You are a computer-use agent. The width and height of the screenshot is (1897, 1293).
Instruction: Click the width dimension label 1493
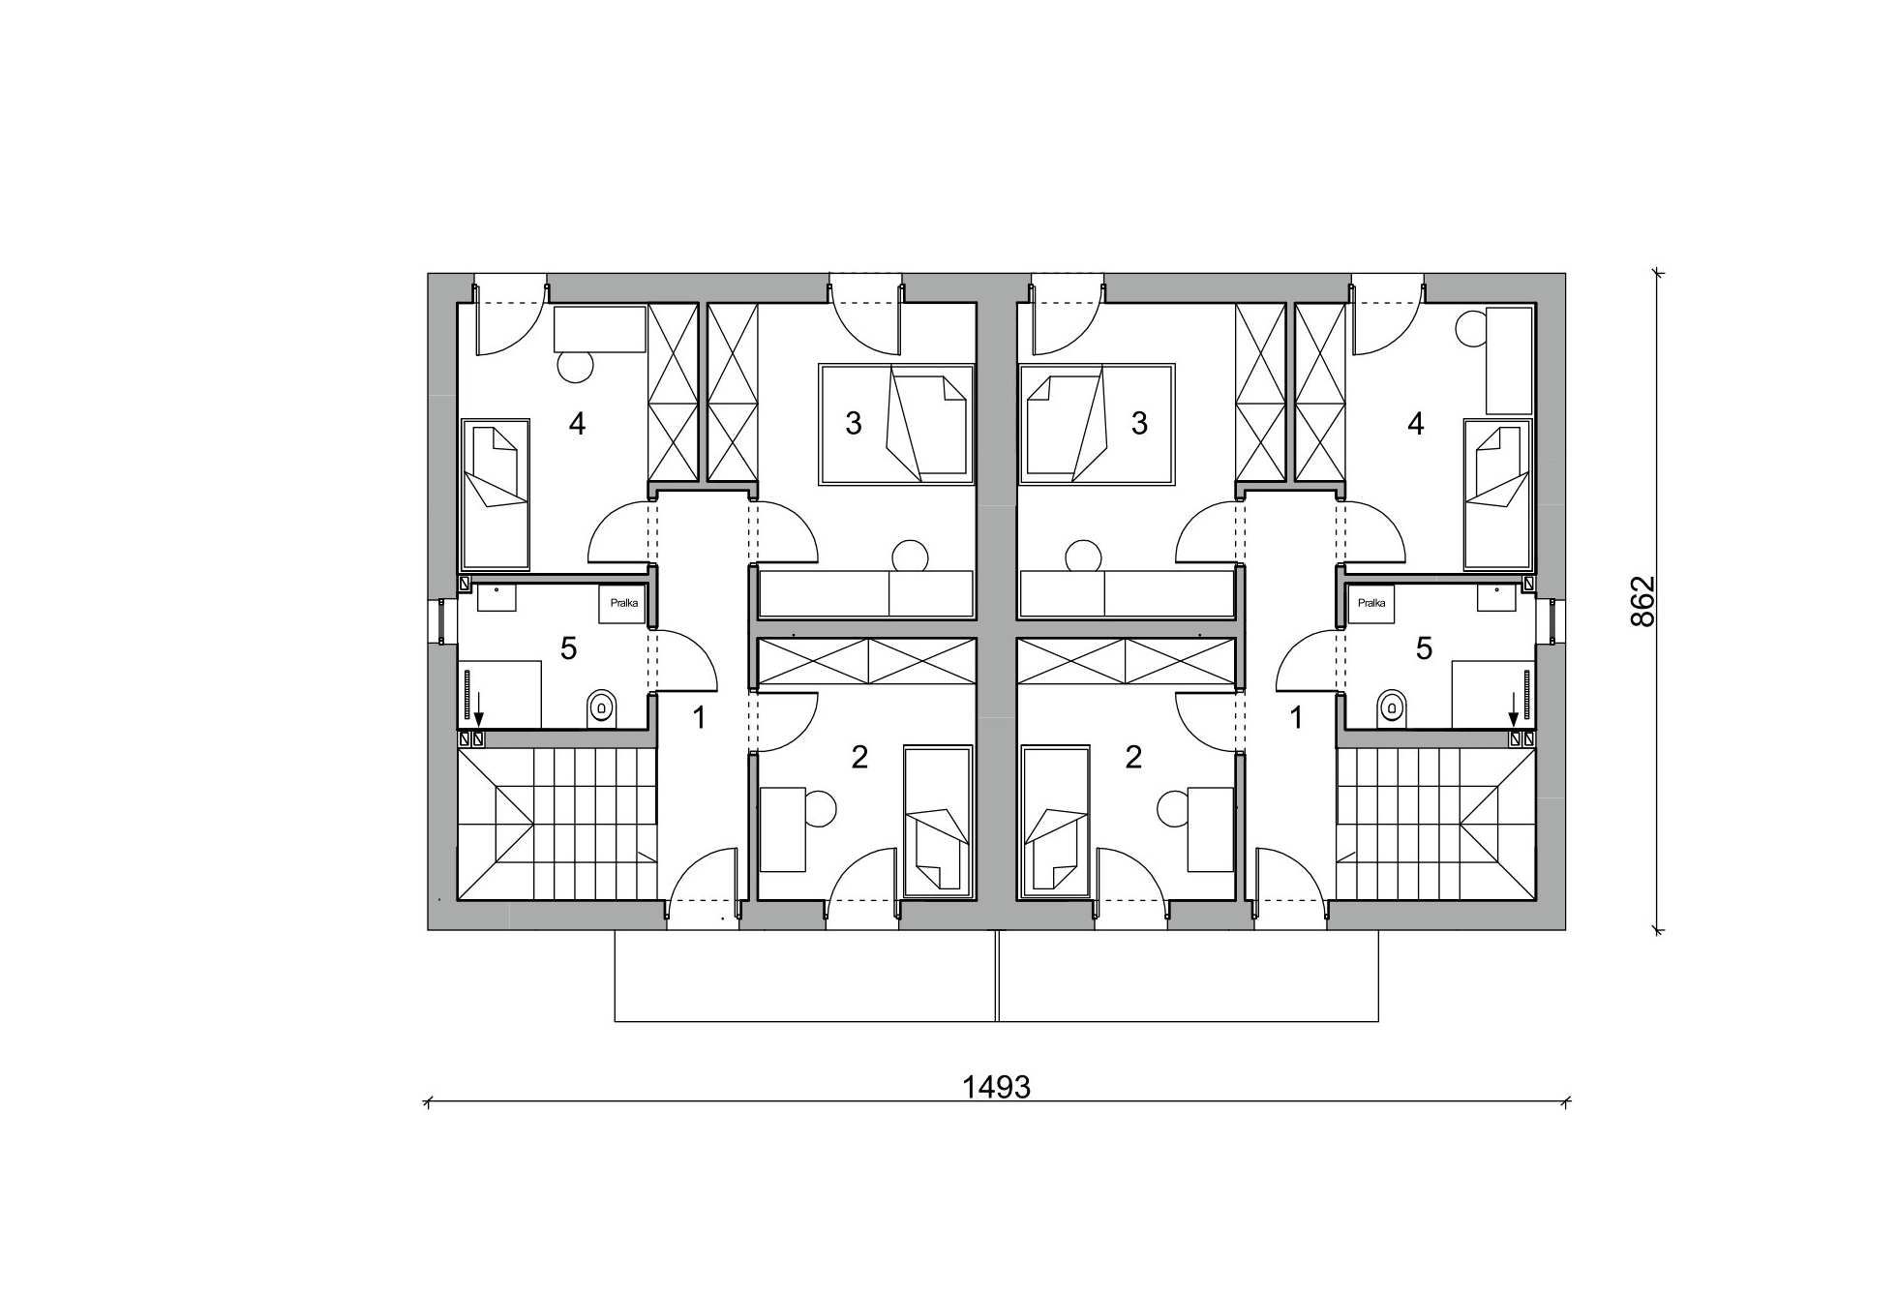[x=996, y=1087]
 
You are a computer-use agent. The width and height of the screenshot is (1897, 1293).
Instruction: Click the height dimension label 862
[x=1643, y=602]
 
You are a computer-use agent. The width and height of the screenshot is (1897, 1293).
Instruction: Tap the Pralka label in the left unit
[x=624, y=603]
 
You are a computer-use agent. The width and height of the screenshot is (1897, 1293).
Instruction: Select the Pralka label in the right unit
[x=1370, y=603]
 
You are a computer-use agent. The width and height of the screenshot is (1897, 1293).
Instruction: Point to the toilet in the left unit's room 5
[x=601, y=708]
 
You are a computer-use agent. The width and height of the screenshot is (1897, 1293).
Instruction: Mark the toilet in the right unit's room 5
[x=1392, y=708]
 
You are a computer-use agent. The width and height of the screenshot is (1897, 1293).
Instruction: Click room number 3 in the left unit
[x=853, y=423]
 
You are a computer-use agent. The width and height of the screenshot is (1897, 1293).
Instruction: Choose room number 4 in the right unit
[x=1415, y=423]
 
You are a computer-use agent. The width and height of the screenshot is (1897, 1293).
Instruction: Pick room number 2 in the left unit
[x=859, y=757]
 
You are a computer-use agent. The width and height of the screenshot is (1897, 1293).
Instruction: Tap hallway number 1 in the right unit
[x=1296, y=718]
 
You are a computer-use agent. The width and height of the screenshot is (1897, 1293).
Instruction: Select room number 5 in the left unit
[x=568, y=648]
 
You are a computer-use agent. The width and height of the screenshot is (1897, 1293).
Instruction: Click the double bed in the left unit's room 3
[x=896, y=424]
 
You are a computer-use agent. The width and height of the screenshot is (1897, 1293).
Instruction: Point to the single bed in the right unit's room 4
[x=1498, y=494]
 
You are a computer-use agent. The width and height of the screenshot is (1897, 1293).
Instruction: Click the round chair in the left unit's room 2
[x=820, y=808]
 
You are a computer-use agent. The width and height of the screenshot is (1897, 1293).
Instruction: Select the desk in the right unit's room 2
[x=1211, y=829]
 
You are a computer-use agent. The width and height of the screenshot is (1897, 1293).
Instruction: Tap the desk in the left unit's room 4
[x=599, y=330]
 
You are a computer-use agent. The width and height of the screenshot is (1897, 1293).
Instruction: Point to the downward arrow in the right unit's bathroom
[x=1514, y=709]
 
